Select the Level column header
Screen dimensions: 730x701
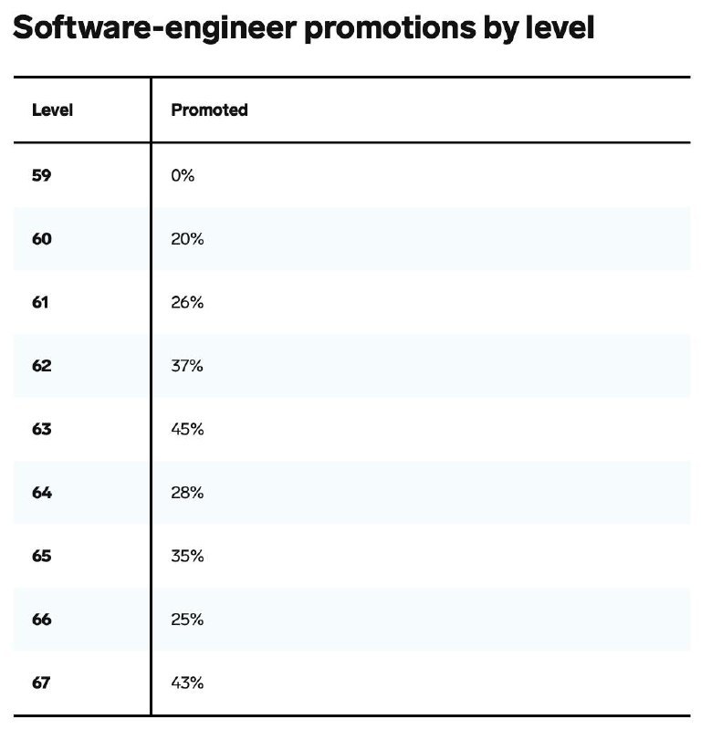point(52,110)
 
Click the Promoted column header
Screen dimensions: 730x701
point(209,110)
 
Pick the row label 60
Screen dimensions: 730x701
point(42,239)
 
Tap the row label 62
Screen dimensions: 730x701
point(42,366)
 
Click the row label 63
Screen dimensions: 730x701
point(42,429)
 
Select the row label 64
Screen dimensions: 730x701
point(42,493)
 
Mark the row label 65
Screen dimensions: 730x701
point(42,556)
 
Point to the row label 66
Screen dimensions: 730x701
point(42,620)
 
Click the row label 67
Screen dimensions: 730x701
point(42,683)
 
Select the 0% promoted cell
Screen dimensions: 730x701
point(183,175)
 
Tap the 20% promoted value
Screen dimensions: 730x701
point(187,239)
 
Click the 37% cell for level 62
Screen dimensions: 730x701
point(187,366)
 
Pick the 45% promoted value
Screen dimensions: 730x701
point(187,429)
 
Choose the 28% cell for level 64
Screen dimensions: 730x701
point(187,493)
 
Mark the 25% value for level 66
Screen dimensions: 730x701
point(187,620)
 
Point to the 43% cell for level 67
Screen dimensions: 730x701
point(187,683)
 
